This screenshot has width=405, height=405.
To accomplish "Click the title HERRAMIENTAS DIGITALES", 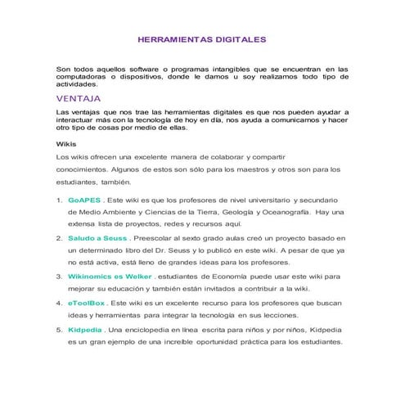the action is pyautogui.click(x=201, y=38).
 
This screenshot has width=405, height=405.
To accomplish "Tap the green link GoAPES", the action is pyautogui.click(x=85, y=200).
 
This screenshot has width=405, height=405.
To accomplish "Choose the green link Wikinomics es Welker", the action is pyautogui.click(x=110, y=277).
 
